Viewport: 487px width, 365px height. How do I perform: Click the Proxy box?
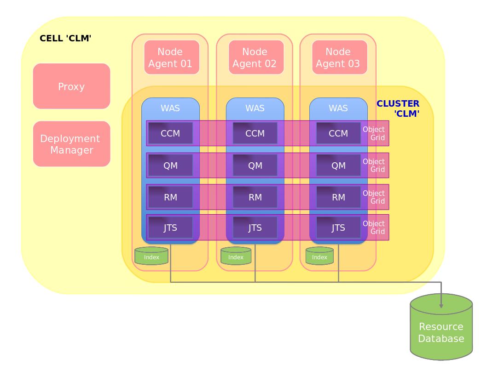71,86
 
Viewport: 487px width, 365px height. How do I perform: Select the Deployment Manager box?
71,144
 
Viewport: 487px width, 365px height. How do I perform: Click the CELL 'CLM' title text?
65,38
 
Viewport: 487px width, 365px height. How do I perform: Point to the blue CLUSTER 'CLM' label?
399,108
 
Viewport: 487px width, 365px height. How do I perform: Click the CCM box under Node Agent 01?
170,133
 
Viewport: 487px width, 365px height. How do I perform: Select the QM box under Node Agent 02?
255,165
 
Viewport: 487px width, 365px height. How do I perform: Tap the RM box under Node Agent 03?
338,197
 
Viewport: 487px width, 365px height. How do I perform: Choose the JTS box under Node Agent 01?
170,228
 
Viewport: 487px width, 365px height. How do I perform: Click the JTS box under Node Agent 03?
338,228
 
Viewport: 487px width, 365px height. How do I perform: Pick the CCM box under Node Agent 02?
255,133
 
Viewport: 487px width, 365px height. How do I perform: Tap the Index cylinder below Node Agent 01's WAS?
151,257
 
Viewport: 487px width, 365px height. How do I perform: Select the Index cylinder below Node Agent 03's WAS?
319,257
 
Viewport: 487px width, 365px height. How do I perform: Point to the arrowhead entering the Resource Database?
441,304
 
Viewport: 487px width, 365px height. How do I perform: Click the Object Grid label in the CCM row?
374,133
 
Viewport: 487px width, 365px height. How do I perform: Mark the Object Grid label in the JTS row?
374,228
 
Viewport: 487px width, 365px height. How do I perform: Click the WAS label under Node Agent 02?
255,108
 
